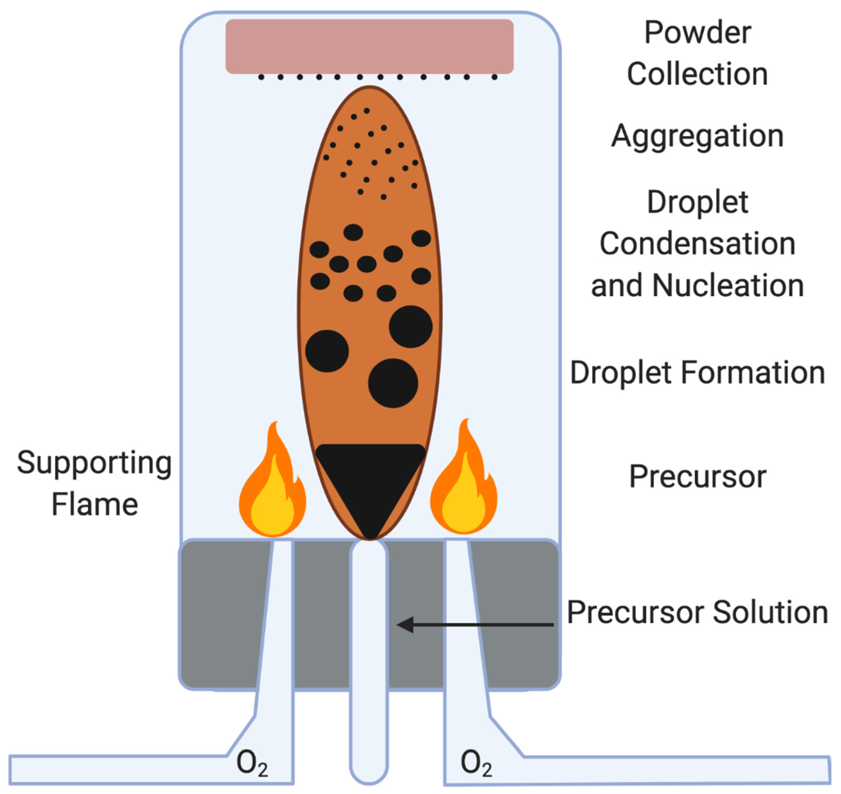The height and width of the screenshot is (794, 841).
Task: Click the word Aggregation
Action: [x=697, y=137]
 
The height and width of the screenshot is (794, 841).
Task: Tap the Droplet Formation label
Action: [x=697, y=373]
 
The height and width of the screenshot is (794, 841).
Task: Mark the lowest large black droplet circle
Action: [x=393, y=383]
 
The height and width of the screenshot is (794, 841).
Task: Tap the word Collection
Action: [x=697, y=74]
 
